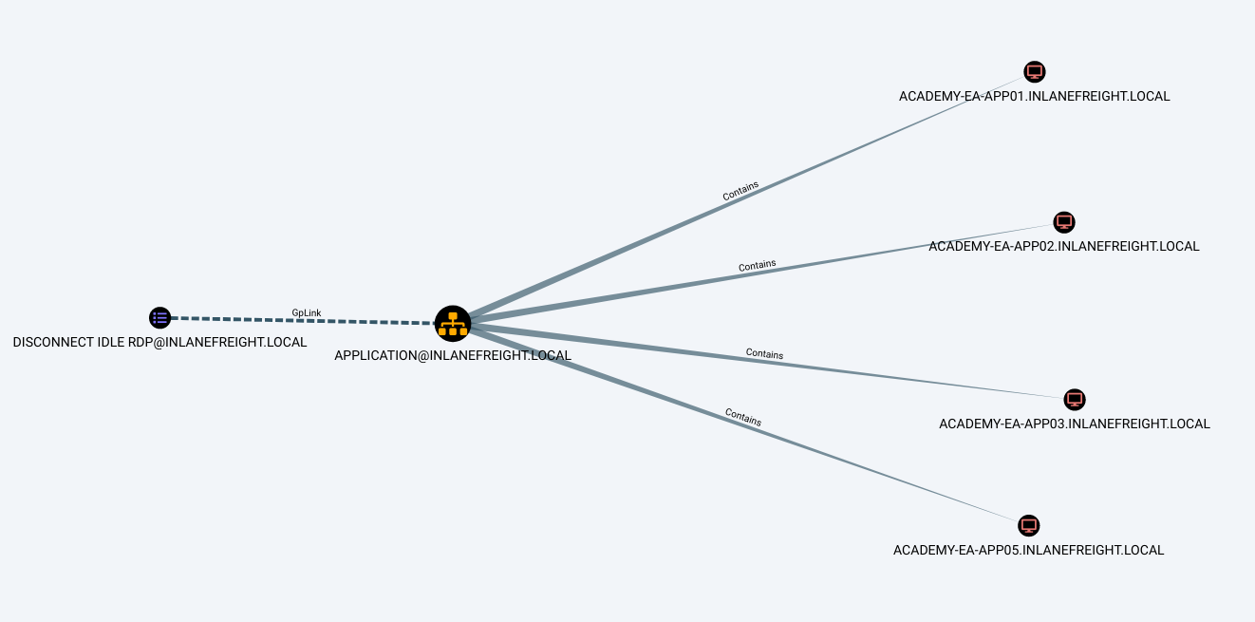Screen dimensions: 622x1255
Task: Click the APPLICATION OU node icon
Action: [453, 324]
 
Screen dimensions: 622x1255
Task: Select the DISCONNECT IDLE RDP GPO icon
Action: [159, 318]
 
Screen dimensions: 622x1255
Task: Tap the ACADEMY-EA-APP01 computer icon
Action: [1035, 72]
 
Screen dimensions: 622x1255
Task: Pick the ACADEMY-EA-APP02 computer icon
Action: [1064, 222]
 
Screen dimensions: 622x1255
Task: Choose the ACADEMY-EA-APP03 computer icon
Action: [1075, 399]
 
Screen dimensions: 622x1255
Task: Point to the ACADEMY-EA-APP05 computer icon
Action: [1028, 525]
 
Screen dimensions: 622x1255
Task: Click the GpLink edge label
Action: [306, 312]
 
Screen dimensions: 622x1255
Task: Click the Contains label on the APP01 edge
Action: [740, 191]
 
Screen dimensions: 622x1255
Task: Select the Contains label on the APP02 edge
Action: [757, 266]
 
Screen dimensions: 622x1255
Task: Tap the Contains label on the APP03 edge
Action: [764, 354]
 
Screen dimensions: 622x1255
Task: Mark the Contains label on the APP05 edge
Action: [743, 416]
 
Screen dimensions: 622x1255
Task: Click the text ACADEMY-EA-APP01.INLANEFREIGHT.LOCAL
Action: [1034, 96]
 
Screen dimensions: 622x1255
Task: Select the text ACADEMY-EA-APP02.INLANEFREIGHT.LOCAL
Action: [1063, 246]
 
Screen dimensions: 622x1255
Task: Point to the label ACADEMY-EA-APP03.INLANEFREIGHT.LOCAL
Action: [1074, 424]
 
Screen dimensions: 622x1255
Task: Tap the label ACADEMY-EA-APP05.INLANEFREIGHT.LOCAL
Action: [1028, 550]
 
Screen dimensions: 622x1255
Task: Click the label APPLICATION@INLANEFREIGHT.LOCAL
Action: [453, 355]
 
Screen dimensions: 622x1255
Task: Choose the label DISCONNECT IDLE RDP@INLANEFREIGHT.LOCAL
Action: [159, 342]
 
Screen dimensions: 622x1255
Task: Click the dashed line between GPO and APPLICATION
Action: [237, 320]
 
